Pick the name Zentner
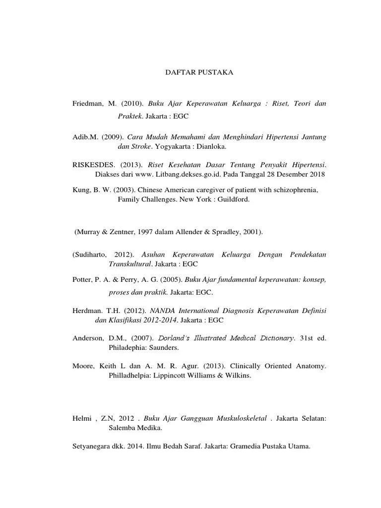point(121,232)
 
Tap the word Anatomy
point(310,366)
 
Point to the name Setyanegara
point(93,446)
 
